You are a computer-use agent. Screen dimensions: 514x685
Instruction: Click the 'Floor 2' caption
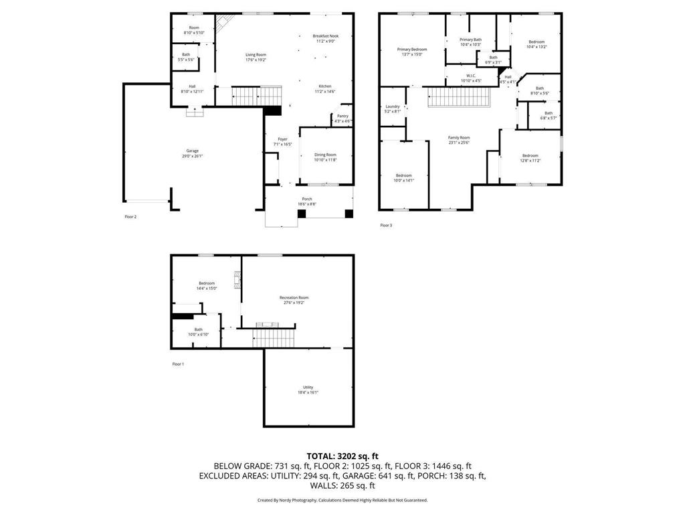click(x=130, y=217)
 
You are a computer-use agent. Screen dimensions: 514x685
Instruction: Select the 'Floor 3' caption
click(x=386, y=225)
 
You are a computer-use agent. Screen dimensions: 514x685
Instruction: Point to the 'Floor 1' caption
click(x=178, y=363)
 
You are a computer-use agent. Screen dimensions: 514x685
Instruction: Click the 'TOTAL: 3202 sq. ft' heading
click(x=342, y=455)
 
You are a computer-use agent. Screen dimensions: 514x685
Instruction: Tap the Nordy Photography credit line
click(x=342, y=500)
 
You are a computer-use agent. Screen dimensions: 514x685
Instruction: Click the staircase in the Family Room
click(x=459, y=98)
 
